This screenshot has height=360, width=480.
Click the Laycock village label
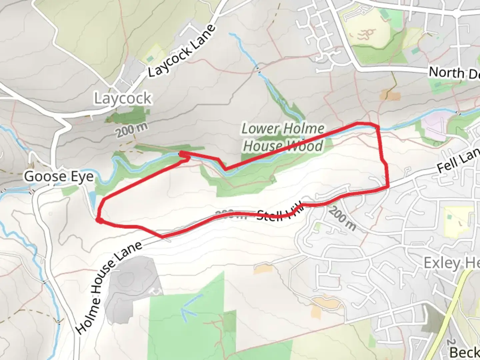point(123,99)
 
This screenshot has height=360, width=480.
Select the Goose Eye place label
point(59,176)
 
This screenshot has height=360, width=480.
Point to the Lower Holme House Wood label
point(283,137)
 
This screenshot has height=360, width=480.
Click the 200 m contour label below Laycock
point(132,130)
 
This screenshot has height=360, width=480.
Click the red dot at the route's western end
point(99,220)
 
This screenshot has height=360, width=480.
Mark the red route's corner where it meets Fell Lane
point(388,188)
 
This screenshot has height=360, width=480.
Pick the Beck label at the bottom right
point(465,352)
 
